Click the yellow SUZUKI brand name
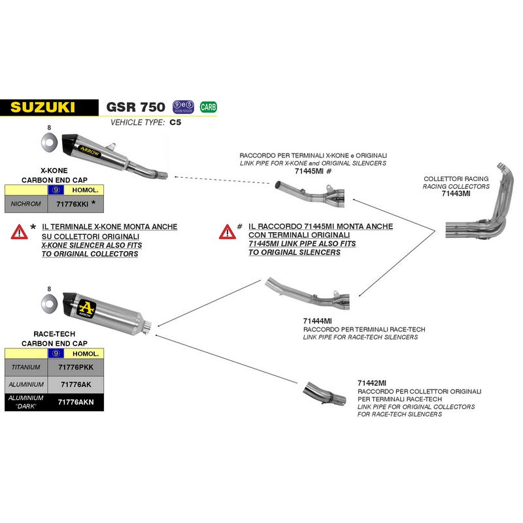coord(42,107)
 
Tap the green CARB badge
coord(209,107)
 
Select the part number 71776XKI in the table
coord(73,204)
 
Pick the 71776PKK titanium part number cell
coord(76,367)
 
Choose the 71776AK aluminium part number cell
coord(76,384)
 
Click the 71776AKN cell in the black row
coord(76,402)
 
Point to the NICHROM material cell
coord(26,204)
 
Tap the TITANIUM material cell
coord(26,367)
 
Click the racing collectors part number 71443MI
coord(456,194)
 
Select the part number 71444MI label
coord(317,321)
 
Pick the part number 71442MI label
coord(372,383)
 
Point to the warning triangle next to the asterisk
coord(19,232)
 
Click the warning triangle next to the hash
coord(227,232)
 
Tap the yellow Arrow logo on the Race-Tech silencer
coord(86,309)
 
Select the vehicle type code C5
coord(175,122)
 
